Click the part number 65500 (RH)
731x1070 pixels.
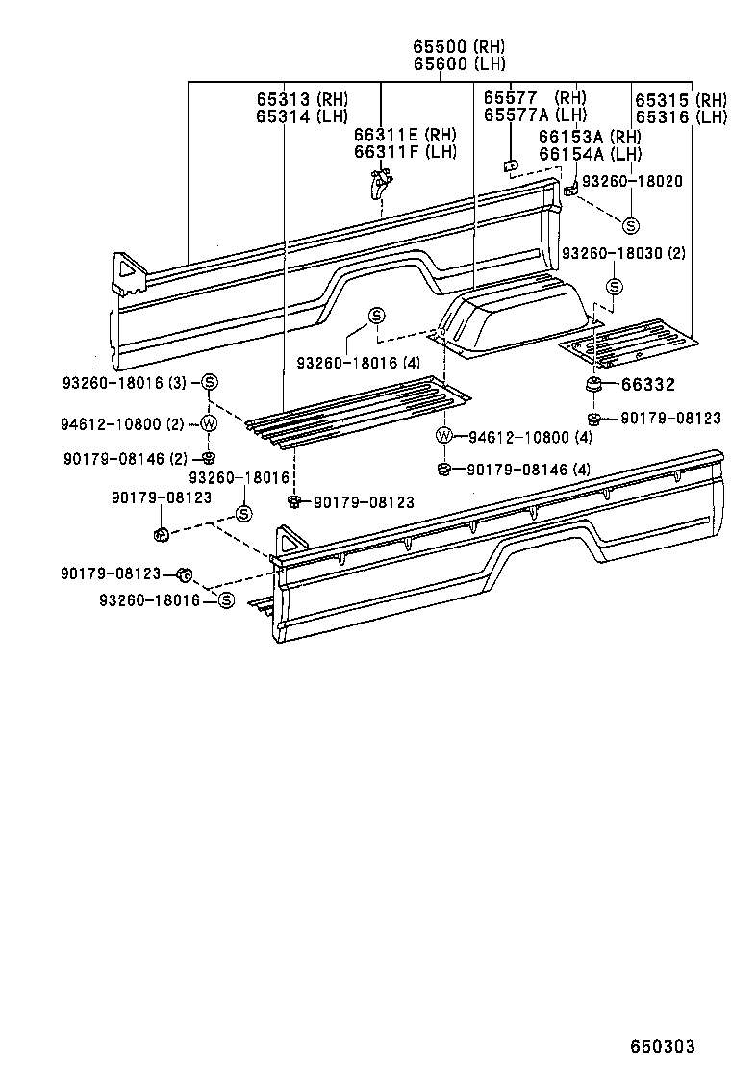click(x=459, y=47)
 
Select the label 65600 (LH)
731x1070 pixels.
click(x=459, y=64)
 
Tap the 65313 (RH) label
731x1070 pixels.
click(x=302, y=99)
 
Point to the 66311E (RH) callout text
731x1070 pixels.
click(x=405, y=135)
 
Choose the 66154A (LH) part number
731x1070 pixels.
click(x=590, y=154)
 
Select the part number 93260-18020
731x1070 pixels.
click(x=632, y=181)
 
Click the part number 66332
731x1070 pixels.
click(x=648, y=385)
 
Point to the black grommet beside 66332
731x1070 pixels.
click(x=594, y=385)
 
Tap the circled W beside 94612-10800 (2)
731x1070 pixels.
click(x=209, y=423)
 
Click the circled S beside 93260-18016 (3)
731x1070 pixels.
click(x=209, y=384)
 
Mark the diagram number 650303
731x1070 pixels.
click(x=662, y=1046)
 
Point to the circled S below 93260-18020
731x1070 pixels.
click(x=630, y=226)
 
